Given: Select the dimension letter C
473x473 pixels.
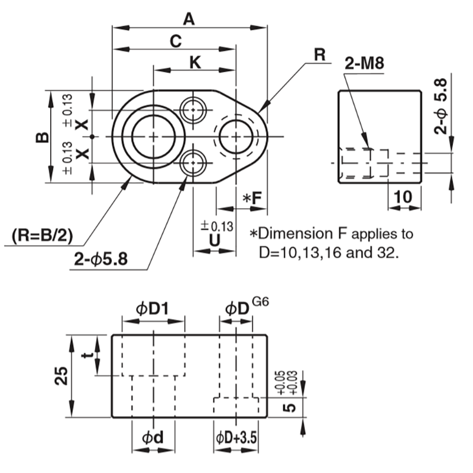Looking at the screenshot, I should [175, 41].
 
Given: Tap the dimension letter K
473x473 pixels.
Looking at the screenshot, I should [195, 61].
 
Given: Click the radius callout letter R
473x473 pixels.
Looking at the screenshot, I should [320, 55].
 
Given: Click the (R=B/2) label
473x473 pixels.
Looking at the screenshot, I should [41, 236].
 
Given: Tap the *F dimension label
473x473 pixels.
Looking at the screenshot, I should [252, 199].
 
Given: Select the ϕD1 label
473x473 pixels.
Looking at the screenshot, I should [153, 308].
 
